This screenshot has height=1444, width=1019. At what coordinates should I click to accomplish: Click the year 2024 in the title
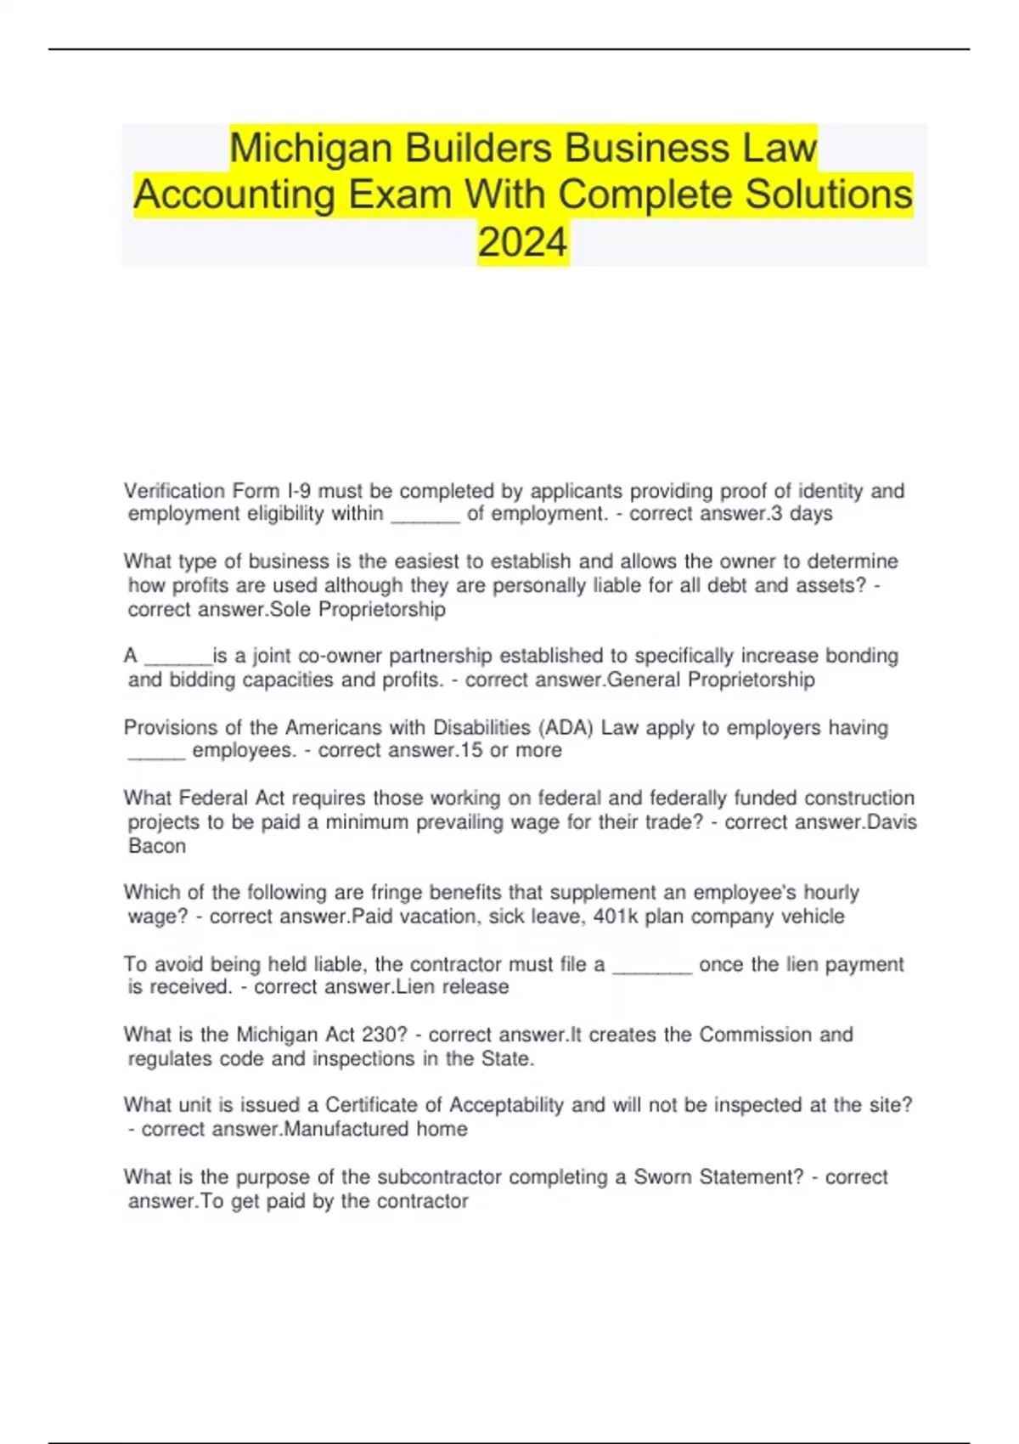click(522, 242)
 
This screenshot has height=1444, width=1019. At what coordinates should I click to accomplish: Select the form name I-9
click(299, 491)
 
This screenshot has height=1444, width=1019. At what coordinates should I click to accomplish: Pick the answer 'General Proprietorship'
click(712, 680)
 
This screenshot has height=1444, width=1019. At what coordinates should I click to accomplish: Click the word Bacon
click(157, 846)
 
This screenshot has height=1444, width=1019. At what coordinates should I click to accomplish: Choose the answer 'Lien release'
click(453, 987)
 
